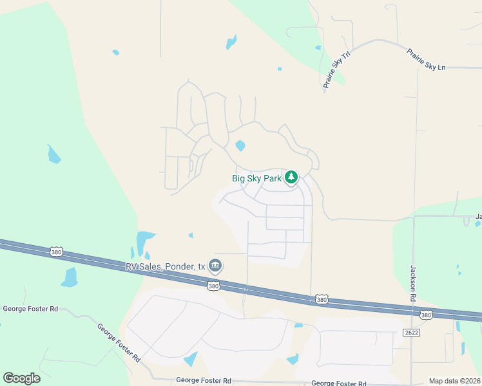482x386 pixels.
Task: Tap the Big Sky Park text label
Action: point(256,178)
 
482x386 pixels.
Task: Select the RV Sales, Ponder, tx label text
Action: point(165,266)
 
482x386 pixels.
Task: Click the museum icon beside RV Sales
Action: point(215,265)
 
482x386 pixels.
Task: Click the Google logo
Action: point(21,378)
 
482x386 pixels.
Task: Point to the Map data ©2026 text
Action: point(454,381)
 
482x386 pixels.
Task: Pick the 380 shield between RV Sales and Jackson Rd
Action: point(322,300)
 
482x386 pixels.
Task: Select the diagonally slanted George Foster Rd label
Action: point(119,343)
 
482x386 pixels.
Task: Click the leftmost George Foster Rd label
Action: point(30,309)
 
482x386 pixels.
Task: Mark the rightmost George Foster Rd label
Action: point(339,383)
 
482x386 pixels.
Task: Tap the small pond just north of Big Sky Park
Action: point(240,145)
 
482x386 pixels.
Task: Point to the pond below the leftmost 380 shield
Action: point(70,277)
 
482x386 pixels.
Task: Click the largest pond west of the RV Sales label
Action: point(145,240)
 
